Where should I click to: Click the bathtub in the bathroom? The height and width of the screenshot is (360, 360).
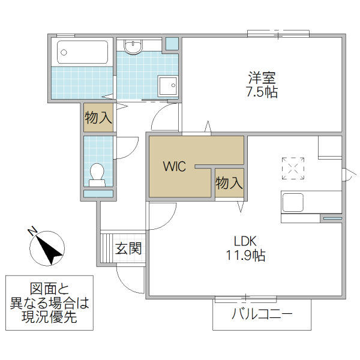coord(83,52)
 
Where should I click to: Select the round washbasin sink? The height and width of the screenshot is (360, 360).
coord(133,46)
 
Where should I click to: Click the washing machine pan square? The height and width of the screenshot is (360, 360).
coord(168,86)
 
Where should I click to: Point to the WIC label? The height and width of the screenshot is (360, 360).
coord(175,166)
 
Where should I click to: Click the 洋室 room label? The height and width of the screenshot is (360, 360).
coord(262,78)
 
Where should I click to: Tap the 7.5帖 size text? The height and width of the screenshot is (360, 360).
coord(262,92)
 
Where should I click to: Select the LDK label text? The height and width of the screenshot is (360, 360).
coord(245,241)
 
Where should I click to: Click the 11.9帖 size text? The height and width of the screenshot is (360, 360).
coord(245,256)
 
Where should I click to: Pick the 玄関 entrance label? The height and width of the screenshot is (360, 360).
coord(128,248)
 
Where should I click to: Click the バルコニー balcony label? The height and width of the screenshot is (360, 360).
coord(262,314)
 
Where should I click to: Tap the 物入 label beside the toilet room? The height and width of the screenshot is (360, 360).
coord(98,118)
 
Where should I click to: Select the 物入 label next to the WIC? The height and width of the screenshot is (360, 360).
coord(229,182)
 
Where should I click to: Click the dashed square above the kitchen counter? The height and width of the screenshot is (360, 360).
coord(293,168)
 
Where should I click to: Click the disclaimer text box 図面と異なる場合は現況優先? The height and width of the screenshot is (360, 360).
coord(49,302)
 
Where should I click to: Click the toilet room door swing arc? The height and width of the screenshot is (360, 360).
coord(127,148)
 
